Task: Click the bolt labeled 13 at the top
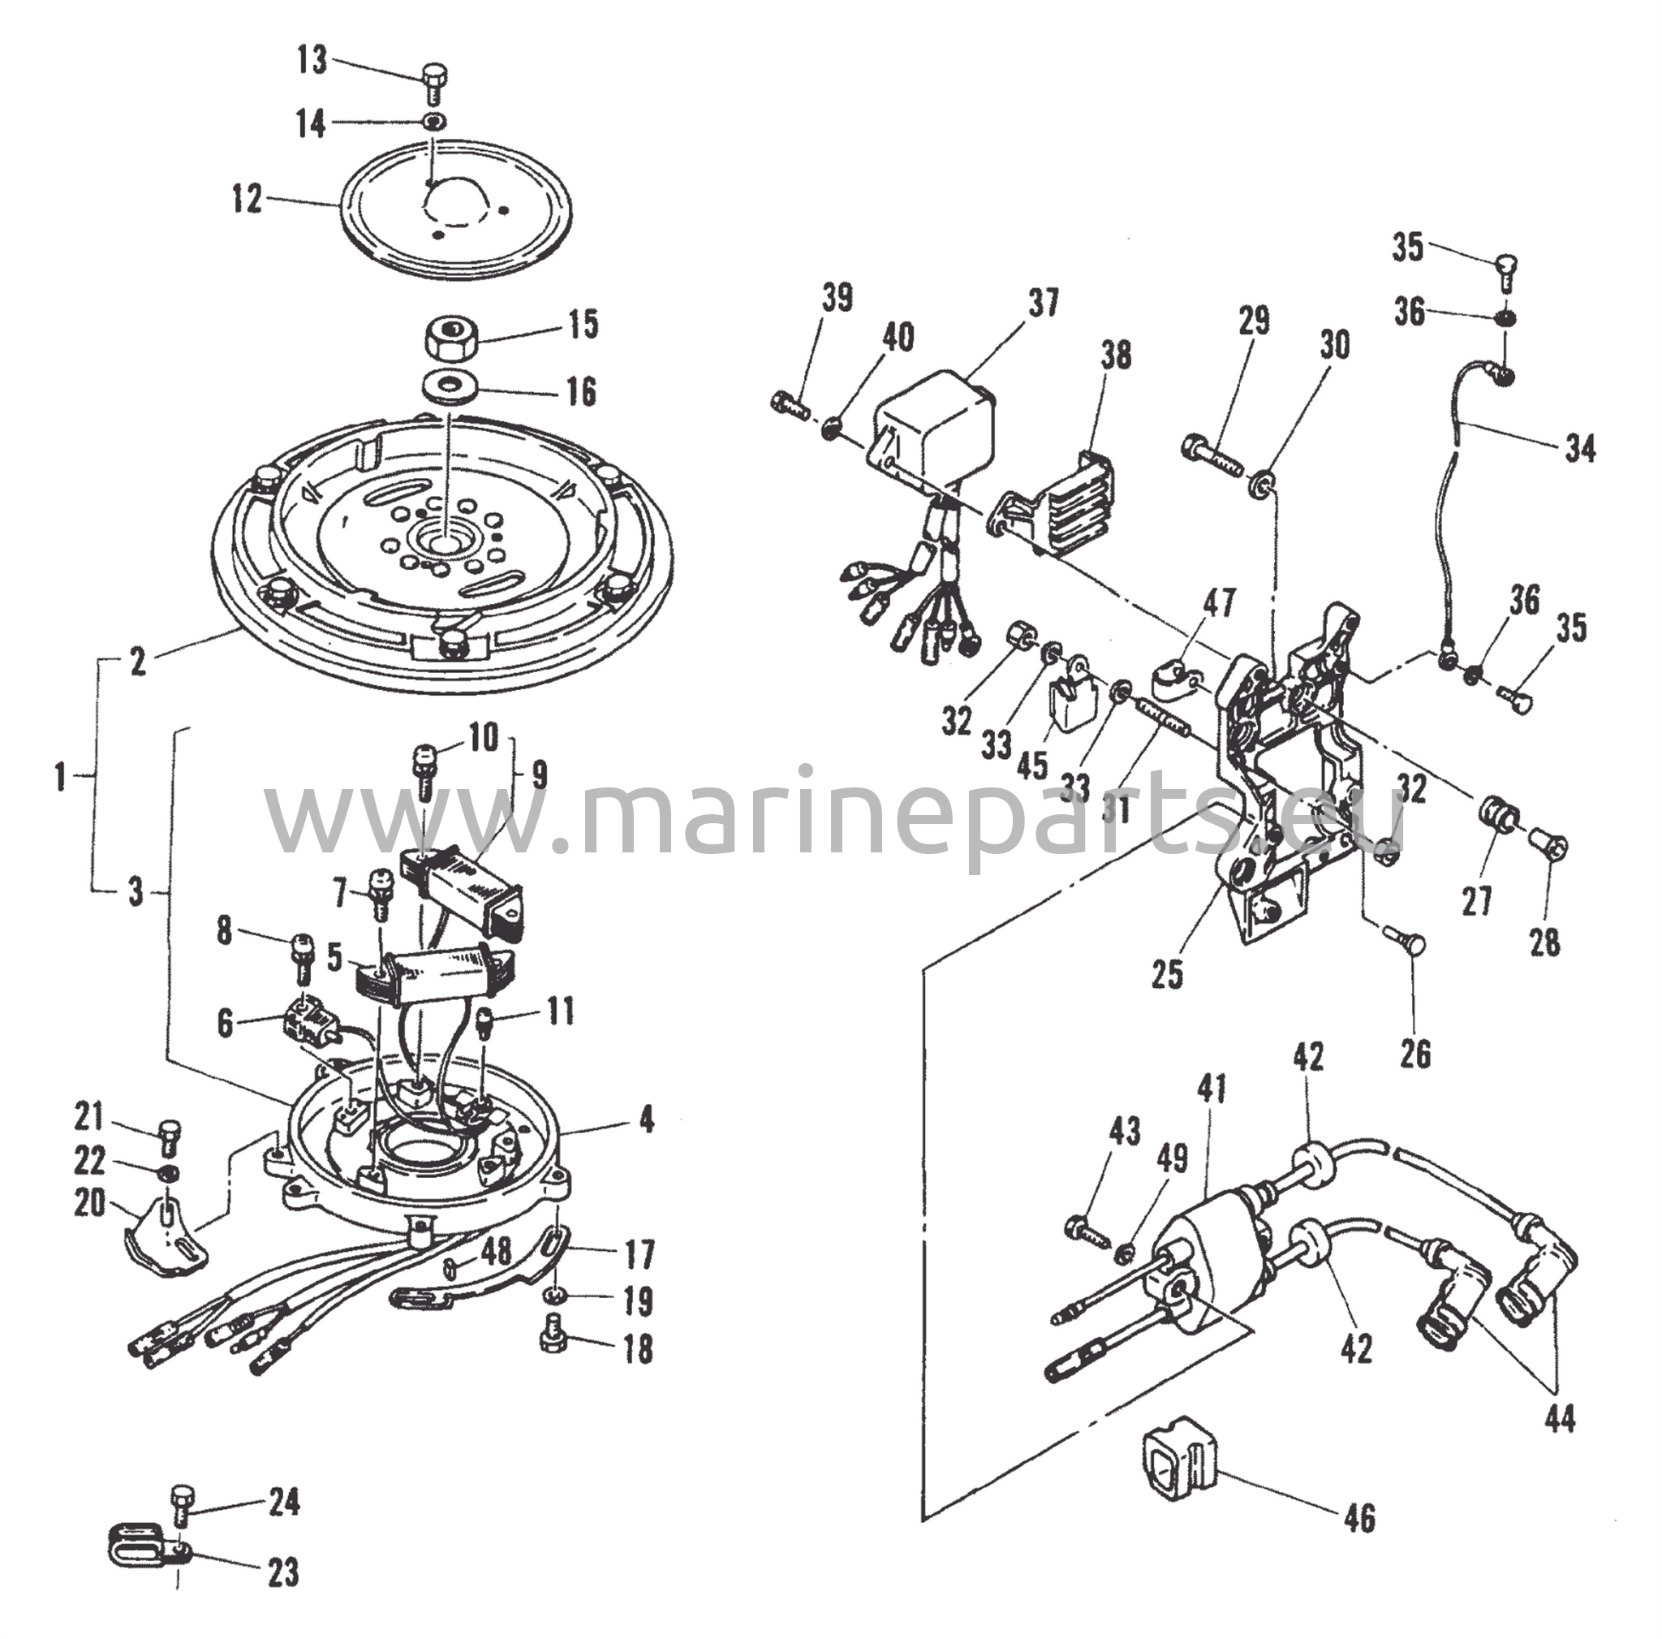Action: (x=433, y=85)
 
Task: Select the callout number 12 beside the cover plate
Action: (x=247, y=200)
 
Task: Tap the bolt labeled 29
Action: (x=1213, y=451)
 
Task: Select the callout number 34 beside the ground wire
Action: (x=1579, y=448)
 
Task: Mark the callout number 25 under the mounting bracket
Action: (x=1167, y=973)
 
